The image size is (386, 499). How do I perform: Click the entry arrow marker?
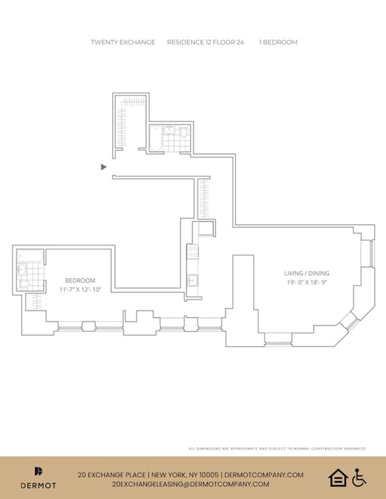point(104,167)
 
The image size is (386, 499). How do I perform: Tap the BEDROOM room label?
point(80,281)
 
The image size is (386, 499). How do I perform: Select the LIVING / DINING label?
point(307,273)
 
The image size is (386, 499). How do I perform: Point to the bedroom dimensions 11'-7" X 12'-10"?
point(80,290)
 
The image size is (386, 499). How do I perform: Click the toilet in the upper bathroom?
point(184,132)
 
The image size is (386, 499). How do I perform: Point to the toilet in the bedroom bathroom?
point(24,284)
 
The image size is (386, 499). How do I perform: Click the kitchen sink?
point(193,280)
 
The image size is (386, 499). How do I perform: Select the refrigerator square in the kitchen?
point(206,229)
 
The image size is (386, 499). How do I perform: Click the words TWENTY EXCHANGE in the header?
point(123,42)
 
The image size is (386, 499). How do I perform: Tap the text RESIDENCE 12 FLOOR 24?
point(206,42)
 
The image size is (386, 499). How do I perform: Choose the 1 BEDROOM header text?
point(278,42)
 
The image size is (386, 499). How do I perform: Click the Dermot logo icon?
point(38,471)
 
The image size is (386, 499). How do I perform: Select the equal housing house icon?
point(338,478)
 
